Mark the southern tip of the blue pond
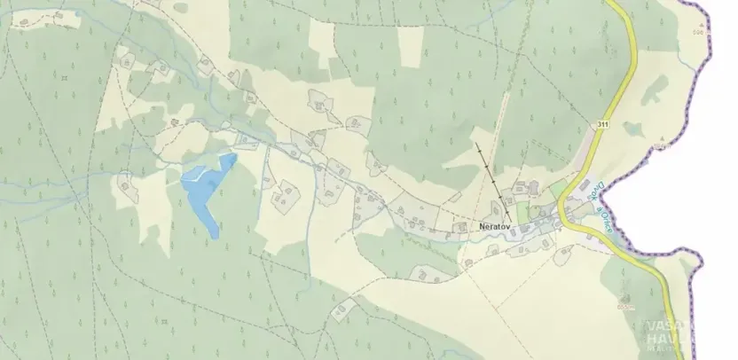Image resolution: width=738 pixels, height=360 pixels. tap(217, 236)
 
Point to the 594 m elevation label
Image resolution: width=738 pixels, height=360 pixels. tap(626, 307)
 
